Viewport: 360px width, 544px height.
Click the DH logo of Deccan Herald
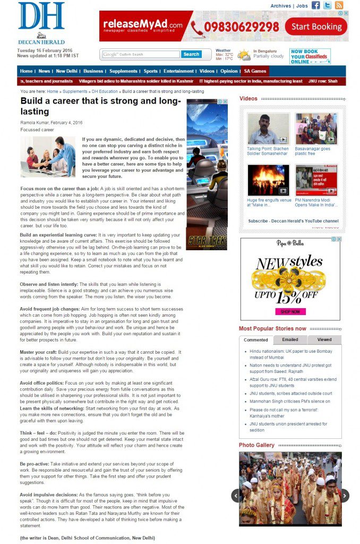point(41,17)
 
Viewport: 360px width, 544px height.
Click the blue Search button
point(191,54)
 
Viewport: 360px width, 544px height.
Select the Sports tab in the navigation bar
point(150,71)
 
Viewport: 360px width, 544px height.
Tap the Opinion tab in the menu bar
point(229,71)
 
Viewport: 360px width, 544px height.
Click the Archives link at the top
point(280,6)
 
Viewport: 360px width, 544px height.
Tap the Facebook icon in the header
point(316,5)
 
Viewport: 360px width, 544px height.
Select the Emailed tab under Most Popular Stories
point(290,339)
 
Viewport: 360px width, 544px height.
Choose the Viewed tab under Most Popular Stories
point(324,339)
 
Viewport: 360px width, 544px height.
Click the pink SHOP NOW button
point(290,311)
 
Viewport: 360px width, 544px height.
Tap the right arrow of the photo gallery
point(345,496)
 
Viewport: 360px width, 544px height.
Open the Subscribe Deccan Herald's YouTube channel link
point(293,221)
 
